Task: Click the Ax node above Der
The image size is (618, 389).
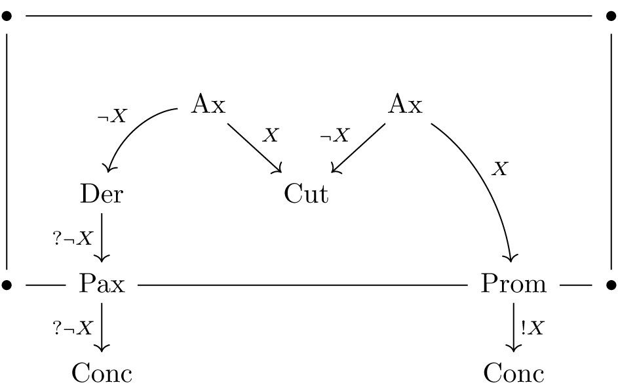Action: [x=208, y=104]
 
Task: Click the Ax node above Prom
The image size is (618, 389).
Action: [x=405, y=104]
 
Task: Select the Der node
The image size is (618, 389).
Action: [x=102, y=194]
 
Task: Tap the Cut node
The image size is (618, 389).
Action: [x=306, y=194]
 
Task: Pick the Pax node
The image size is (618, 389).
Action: [x=102, y=284]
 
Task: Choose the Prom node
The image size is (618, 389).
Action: [x=513, y=284]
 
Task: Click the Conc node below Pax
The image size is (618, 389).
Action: [x=102, y=373]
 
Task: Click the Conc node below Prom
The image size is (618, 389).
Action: [x=514, y=373]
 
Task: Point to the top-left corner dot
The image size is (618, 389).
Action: [x=7, y=16]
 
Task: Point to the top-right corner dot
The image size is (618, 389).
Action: [x=611, y=16]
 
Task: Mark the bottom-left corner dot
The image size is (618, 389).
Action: [x=7, y=285]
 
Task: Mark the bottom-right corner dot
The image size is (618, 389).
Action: [x=611, y=285]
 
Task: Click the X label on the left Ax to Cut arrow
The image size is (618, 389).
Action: [x=270, y=136]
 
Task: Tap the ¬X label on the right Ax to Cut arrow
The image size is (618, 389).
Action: [x=334, y=136]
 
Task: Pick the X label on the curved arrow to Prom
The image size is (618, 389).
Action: [x=499, y=169]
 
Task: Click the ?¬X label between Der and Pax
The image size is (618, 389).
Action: [x=73, y=238]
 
